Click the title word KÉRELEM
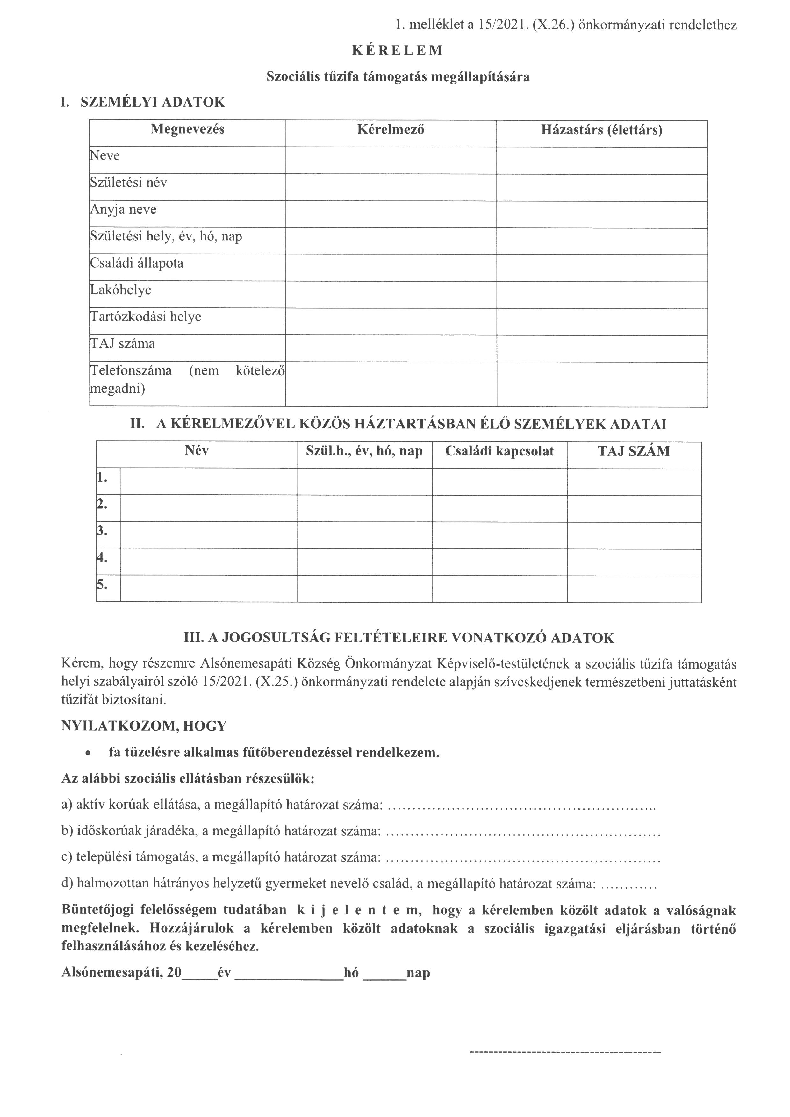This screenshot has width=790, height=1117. coord(398,51)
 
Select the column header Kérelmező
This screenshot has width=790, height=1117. coord(391,130)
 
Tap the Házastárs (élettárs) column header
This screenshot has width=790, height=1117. coord(602,130)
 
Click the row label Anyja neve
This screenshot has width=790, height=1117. coord(124,210)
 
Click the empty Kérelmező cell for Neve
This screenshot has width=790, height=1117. coord(391,161)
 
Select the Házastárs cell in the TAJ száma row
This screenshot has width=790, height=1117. coord(602,348)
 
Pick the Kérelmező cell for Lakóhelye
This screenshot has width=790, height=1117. coord(391,295)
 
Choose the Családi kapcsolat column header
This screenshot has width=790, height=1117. coord(499,451)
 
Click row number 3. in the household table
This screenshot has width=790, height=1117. coord(102,531)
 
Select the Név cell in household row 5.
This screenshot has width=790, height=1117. coord(208,588)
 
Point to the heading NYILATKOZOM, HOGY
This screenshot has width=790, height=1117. coord(144,726)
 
